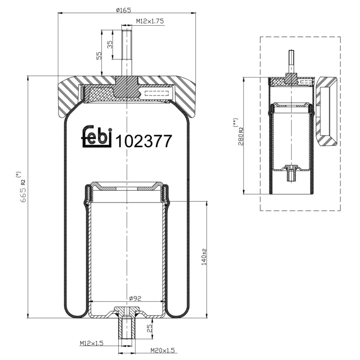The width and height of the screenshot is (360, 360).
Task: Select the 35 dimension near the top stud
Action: pyautogui.click(x=109, y=44)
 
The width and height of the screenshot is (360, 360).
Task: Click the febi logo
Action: pyautogui.click(x=96, y=136)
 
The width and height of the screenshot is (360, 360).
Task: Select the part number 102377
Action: pyautogui.click(x=144, y=141)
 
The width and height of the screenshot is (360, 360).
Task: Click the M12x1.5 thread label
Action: pyautogui.click(x=92, y=343)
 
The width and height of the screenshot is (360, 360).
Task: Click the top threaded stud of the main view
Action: pyautogui.click(x=127, y=52)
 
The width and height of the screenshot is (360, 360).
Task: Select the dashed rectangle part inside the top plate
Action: pyautogui.click(x=157, y=94)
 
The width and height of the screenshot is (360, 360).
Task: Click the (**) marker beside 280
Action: pyautogui.click(x=235, y=122)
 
